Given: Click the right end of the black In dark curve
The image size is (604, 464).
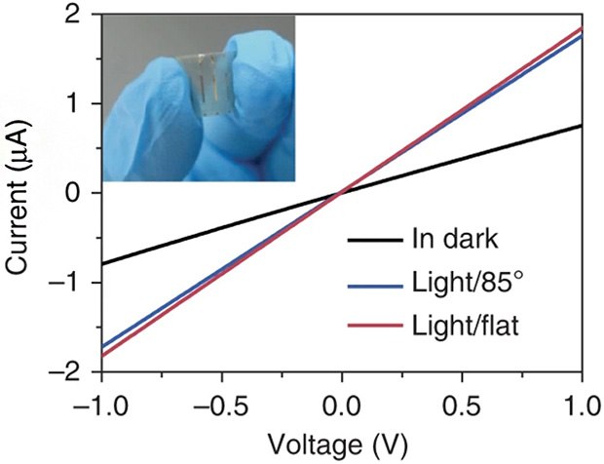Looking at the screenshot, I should [x=581, y=126].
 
